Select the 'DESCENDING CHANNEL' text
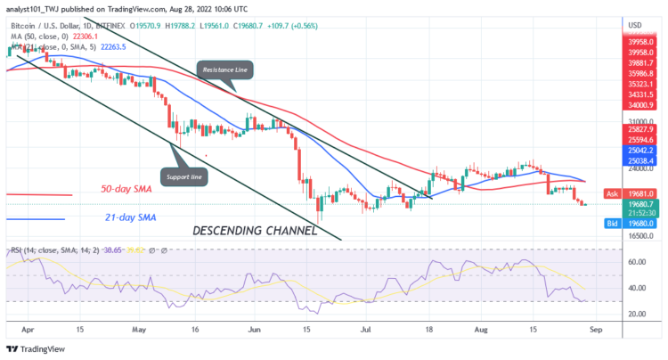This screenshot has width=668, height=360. click(255, 231)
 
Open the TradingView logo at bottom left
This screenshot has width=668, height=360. click(40, 348)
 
